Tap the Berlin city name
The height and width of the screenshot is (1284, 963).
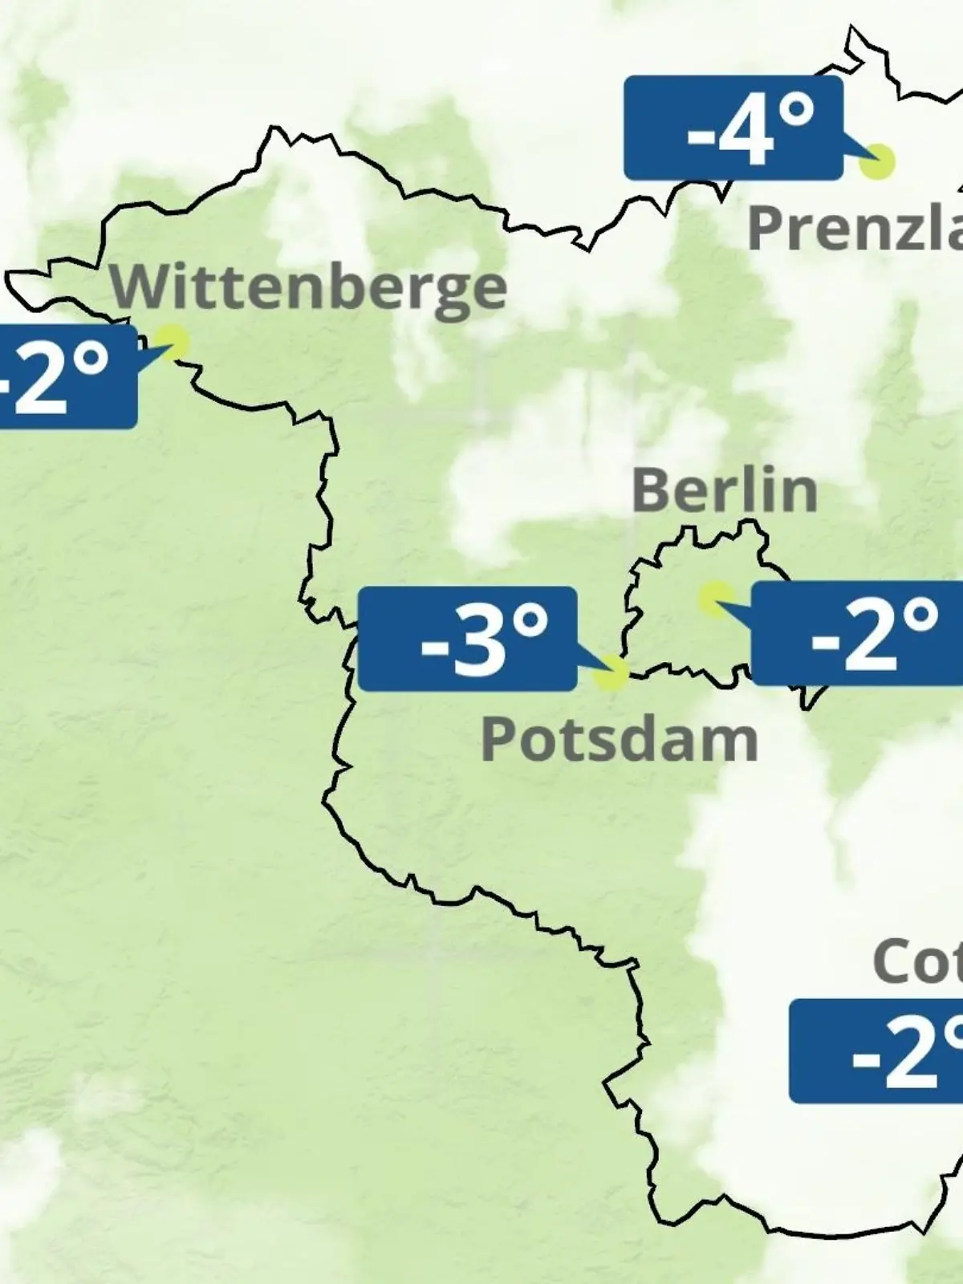pyautogui.click(x=725, y=490)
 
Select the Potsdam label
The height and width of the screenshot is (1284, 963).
pyautogui.click(x=619, y=740)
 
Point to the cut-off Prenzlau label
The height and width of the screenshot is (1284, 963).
pyautogui.click(x=855, y=228)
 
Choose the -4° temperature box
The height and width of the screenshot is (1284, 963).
pyautogui.click(x=733, y=128)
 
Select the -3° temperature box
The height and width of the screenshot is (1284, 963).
pyautogui.click(x=467, y=639)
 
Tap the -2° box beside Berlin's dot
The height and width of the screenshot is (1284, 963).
pyautogui.click(x=857, y=634)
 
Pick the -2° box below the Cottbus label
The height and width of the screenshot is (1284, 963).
pyautogui.click(x=876, y=1051)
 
